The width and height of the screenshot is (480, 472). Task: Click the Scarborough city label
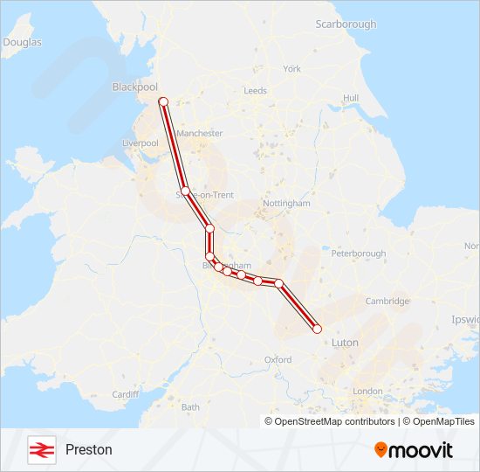coord(346,24)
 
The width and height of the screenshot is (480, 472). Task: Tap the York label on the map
coord(291,68)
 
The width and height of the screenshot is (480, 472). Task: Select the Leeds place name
coord(256,90)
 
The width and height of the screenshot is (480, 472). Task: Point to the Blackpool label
coord(134,87)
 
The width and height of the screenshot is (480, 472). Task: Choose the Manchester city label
coord(200,134)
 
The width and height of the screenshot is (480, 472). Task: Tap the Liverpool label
coord(140,142)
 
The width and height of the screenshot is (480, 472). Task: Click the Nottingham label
coord(286,203)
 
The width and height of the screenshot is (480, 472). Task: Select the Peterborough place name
coord(359,253)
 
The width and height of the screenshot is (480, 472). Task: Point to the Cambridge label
coord(387,301)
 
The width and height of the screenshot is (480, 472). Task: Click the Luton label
coord(345,344)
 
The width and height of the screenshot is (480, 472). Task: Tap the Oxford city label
coord(278,359)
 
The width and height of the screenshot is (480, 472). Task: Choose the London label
coord(368,391)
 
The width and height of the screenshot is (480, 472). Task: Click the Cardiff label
coord(125,394)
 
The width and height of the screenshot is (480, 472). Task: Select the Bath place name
coord(190,406)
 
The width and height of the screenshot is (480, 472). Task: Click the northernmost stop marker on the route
coord(163,102)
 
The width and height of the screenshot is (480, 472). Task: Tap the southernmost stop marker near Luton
coord(317,329)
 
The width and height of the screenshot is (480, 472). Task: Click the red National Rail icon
coord(39,449)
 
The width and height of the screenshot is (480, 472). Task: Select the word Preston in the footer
coord(89,449)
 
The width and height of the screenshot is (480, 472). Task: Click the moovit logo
coord(414,450)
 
